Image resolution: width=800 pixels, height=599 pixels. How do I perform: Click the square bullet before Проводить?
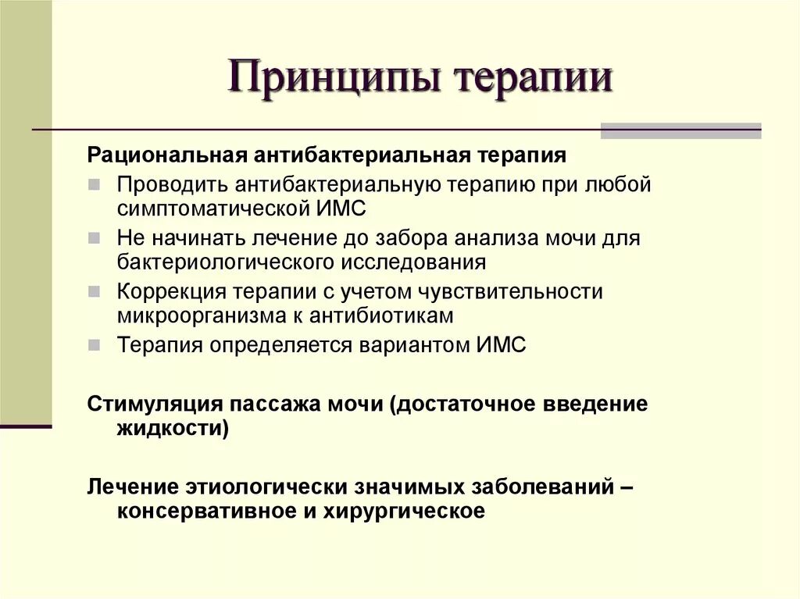94,185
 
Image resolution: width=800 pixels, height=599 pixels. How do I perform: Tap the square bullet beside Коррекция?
94,291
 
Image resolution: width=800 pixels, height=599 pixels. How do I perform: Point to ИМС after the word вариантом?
501,344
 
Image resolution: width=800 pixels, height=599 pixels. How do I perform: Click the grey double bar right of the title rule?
680,130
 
